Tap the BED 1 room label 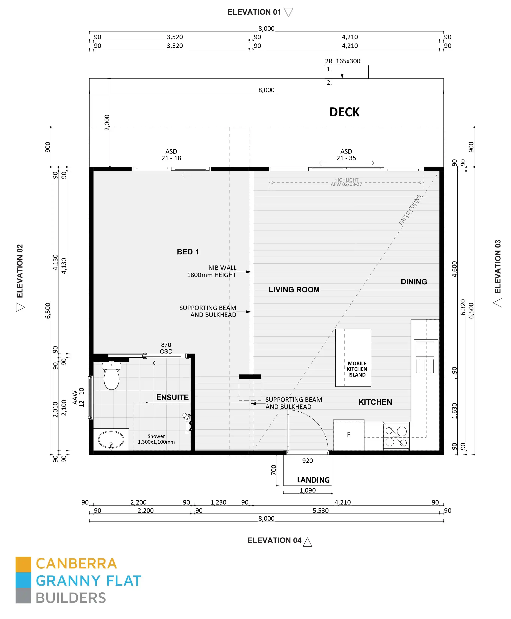click(x=188, y=252)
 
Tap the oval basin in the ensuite click(x=111, y=440)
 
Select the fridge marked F click(x=349, y=435)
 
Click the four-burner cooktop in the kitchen click(x=396, y=437)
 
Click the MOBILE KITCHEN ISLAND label click(x=357, y=369)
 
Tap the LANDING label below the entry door click(x=313, y=480)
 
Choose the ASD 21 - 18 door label click(x=171, y=155)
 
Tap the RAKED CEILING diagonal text click(x=410, y=210)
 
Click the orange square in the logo click(x=23, y=564)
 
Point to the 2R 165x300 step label click(x=342, y=61)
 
